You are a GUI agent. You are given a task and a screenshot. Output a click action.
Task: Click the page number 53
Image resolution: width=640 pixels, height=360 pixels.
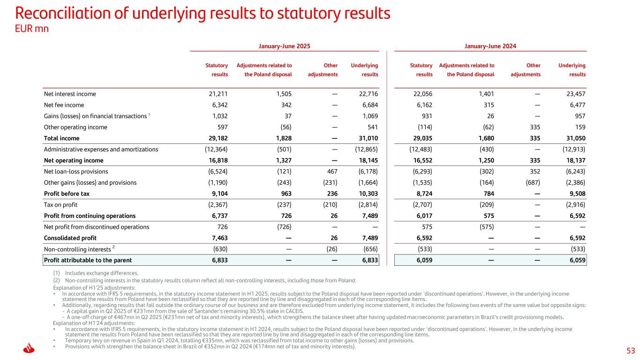click(x=631, y=351)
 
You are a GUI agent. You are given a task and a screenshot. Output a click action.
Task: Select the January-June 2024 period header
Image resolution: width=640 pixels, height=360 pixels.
click(x=490, y=46)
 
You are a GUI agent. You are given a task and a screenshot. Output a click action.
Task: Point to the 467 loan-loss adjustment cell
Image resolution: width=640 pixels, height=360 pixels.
click(x=331, y=172)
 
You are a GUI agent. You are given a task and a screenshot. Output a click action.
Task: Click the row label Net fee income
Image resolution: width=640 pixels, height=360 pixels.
click(x=64, y=105)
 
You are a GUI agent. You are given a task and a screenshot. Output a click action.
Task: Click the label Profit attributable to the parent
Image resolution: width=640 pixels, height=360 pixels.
click(x=88, y=260)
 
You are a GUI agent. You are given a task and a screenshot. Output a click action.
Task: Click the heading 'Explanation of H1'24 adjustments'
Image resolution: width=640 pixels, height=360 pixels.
click(x=94, y=323)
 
